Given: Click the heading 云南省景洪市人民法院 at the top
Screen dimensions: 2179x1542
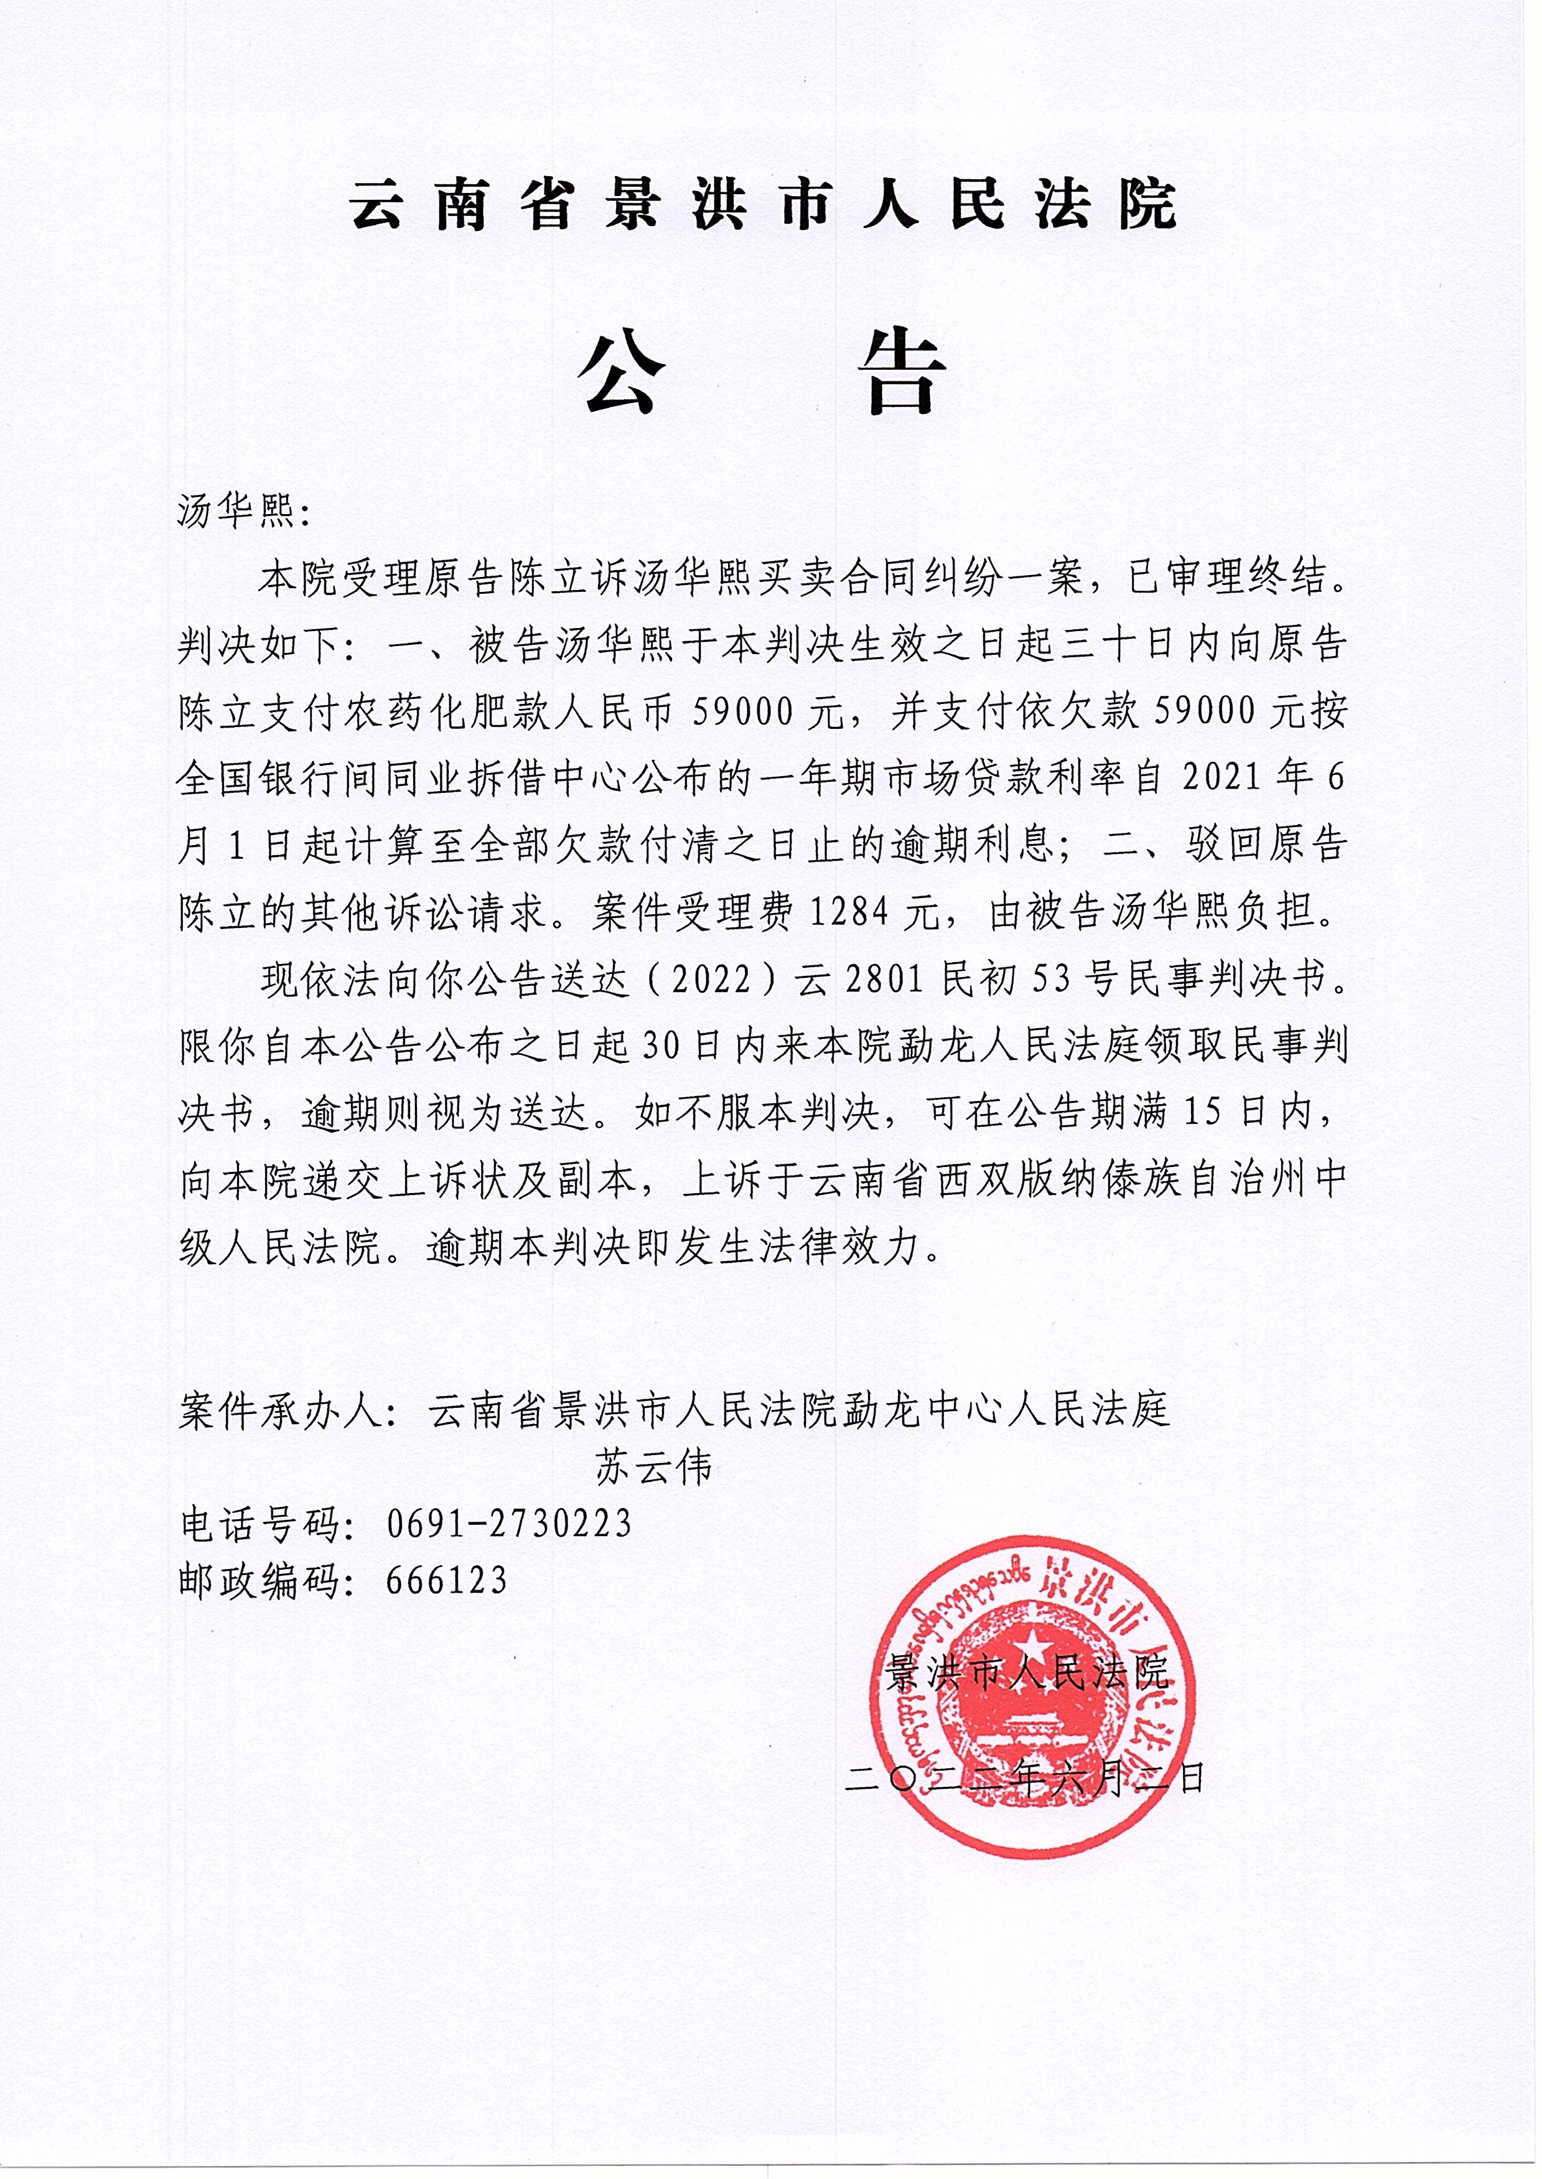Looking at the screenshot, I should pyautogui.click(x=764, y=204).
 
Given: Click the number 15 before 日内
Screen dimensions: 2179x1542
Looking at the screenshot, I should pyautogui.click(x=1205, y=1113).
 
